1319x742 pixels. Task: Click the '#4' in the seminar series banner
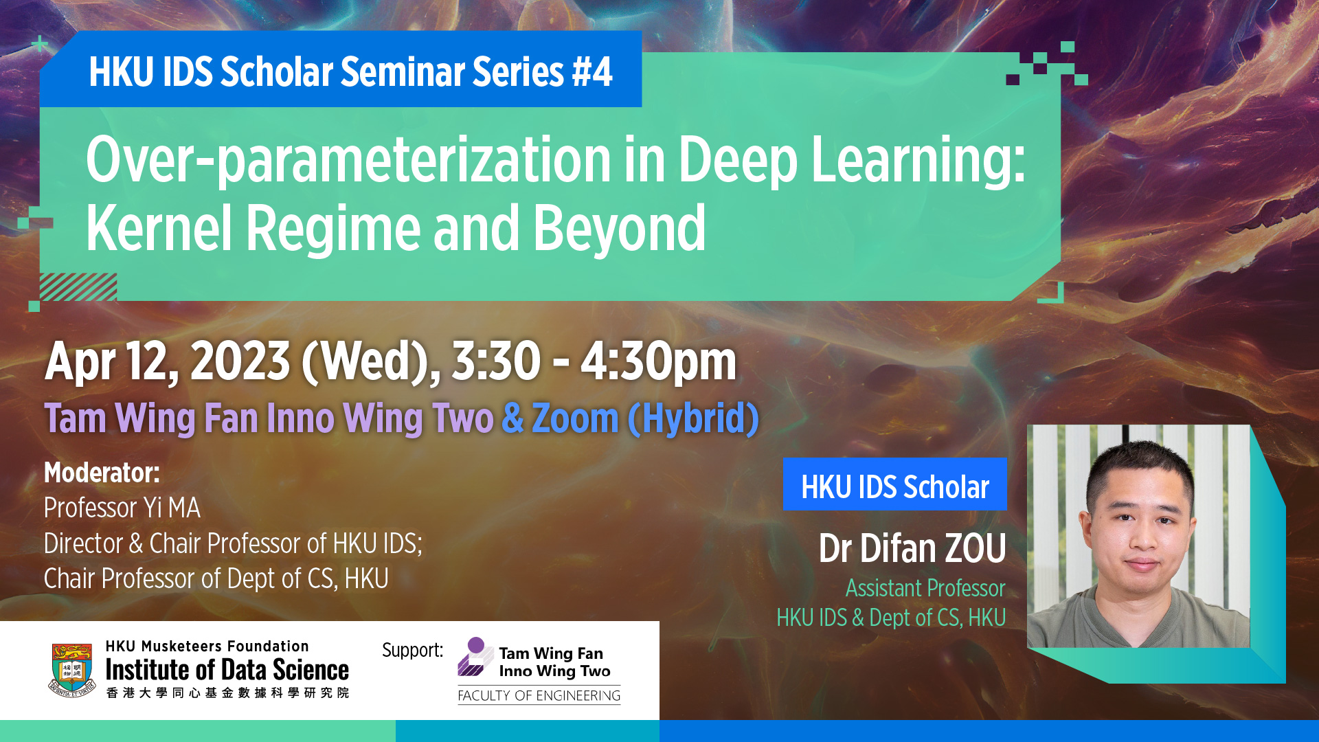coord(591,72)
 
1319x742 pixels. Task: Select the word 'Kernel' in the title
coord(159,227)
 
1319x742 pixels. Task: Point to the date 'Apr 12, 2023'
coord(168,361)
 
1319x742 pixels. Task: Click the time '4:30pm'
coord(658,361)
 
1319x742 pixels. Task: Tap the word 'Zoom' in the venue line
coord(575,418)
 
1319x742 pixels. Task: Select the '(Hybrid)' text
coord(693,418)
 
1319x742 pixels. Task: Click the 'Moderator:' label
coord(102,473)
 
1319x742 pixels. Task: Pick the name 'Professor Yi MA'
coord(122,508)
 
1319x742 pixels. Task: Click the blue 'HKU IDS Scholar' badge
coord(894,484)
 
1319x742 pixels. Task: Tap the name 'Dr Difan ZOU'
coord(912,548)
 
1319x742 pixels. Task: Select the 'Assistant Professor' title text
coord(925,588)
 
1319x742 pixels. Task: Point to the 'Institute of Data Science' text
coord(227,670)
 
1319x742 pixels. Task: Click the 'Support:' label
coord(412,650)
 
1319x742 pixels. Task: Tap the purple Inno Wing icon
coord(474,657)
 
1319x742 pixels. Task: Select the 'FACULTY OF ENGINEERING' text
coord(539,696)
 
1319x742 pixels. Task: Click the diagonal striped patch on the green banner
coord(78,287)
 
